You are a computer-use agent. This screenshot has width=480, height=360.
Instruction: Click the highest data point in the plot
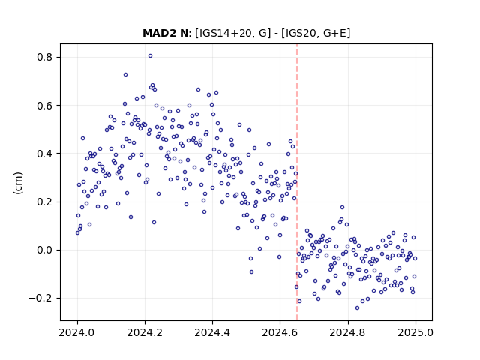point(150,56)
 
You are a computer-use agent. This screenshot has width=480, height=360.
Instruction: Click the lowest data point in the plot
point(357,308)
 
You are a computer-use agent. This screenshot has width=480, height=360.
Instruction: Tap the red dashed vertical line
point(297,182)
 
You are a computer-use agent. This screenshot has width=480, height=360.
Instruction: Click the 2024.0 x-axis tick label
point(77,332)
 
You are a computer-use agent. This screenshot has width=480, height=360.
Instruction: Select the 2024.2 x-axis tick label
point(145,332)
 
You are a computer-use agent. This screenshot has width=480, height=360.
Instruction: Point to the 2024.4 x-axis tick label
point(212,332)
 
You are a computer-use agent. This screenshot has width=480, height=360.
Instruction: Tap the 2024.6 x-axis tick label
point(280,332)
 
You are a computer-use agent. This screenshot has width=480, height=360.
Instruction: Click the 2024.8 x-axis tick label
point(348,332)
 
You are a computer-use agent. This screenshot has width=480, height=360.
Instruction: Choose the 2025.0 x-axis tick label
point(415,332)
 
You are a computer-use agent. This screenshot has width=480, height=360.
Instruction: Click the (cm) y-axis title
point(18,183)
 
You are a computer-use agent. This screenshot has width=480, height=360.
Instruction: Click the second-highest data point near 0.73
point(125,75)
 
